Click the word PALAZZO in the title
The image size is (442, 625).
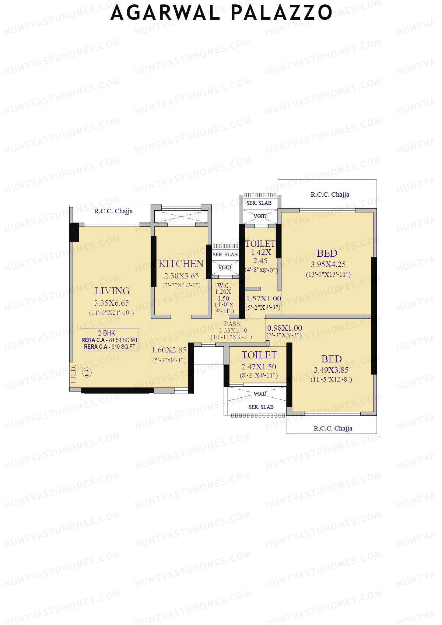281,13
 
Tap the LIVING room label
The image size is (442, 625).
112,291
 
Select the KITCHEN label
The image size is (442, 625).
181,264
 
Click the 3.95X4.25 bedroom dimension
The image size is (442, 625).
328,264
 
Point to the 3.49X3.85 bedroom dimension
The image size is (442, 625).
331,370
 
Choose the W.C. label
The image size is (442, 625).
224,285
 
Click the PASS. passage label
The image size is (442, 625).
233,324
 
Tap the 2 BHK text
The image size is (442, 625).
106,333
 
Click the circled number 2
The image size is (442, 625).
87,373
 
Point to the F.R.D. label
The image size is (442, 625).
74,375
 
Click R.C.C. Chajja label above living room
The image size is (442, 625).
113,211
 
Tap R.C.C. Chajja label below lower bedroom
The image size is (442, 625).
333,428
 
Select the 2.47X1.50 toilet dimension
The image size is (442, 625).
259,367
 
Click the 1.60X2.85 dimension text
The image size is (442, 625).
169,350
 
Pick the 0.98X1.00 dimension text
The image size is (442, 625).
284,328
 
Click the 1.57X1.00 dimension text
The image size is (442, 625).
263,299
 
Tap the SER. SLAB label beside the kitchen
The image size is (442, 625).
225,254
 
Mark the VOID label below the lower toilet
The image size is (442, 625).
260,394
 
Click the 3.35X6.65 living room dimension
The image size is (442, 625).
112,303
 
